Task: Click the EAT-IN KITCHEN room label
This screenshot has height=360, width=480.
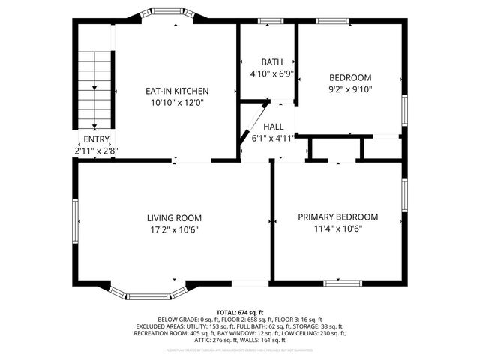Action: (176, 91)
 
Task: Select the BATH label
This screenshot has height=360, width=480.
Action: (271, 61)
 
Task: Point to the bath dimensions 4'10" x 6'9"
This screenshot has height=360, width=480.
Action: (271, 73)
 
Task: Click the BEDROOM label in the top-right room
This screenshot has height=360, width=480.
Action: (350, 77)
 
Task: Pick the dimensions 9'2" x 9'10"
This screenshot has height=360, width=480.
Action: (350, 88)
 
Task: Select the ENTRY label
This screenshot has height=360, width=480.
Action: (96, 139)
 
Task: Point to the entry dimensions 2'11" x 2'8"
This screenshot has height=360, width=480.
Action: (96, 151)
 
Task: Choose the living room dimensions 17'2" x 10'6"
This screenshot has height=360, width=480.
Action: (174, 229)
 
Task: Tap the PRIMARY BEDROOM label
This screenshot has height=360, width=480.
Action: (337, 217)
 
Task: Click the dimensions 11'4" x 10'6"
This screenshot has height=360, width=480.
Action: (337, 229)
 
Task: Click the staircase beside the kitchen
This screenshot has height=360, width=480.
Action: (95, 90)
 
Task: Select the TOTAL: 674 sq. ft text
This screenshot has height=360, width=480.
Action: (240, 311)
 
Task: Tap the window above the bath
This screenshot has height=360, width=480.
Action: (269, 20)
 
